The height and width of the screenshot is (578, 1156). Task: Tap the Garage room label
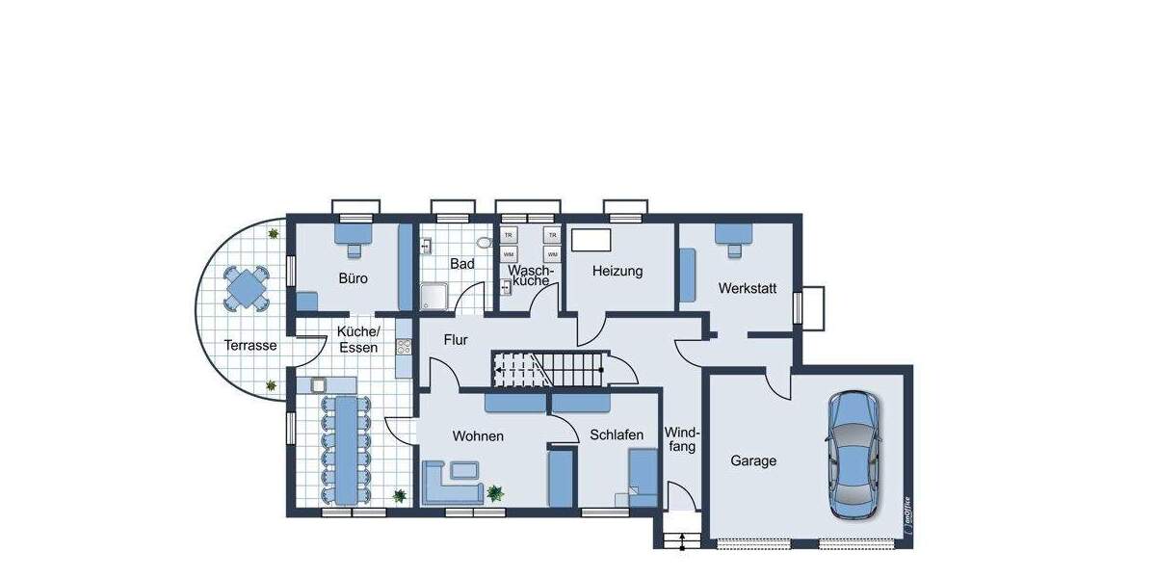[x=752, y=461]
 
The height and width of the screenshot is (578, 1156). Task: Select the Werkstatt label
[x=746, y=288]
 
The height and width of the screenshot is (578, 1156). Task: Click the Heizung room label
[x=617, y=272]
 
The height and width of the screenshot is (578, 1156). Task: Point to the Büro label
[x=353, y=278]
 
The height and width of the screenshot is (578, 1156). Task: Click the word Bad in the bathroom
[x=461, y=263]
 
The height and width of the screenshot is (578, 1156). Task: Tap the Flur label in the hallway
[x=456, y=340]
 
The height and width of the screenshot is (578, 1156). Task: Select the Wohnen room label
[x=478, y=436]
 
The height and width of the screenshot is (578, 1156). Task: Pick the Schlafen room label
[x=617, y=435]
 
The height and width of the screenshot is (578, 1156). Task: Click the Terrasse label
[x=250, y=346]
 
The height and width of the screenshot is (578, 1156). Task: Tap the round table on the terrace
[x=249, y=286]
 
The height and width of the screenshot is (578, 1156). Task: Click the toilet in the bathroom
[x=485, y=242]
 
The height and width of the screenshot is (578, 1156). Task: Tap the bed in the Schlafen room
[x=643, y=480]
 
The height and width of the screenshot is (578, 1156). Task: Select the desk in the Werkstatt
[x=734, y=234]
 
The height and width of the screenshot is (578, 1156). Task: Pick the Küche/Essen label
[x=358, y=339]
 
